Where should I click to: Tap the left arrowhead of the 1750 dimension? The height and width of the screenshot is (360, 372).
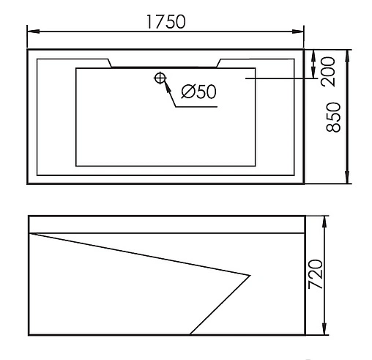(x=31, y=30)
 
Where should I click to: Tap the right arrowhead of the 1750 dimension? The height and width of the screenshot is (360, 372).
(x=300, y=30)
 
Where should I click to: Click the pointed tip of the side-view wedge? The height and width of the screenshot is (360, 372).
(x=250, y=276)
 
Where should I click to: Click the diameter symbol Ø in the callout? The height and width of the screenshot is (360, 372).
(x=186, y=92)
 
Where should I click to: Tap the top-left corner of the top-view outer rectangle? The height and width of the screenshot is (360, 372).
(x=28, y=50)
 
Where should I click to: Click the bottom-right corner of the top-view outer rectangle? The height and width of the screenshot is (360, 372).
(x=303, y=183)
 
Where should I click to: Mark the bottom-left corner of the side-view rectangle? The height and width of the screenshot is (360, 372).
(x=28, y=335)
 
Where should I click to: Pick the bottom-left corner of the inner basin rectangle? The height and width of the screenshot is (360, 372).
(x=76, y=166)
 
